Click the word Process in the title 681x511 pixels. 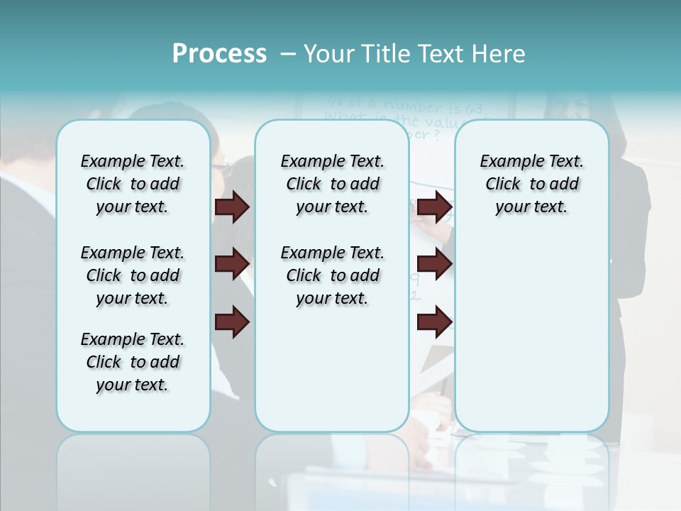click(219, 54)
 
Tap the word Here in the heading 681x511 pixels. click(497, 54)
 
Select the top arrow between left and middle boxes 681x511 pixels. click(232, 207)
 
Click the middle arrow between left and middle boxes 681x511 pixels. click(232, 264)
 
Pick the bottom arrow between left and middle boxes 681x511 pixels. click(232, 322)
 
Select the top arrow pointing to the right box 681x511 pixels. click(434, 207)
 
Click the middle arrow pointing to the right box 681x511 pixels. click(434, 264)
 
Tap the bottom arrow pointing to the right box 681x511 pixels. click(434, 322)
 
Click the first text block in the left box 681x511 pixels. click(133, 184)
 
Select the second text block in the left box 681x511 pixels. click(133, 275)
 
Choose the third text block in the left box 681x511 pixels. click(133, 362)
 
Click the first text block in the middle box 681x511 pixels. click(332, 184)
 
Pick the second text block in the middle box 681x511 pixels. click(332, 275)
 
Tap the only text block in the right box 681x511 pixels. click(532, 184)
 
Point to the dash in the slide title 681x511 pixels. click(288, 54)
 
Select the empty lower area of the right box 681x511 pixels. click(532, 334)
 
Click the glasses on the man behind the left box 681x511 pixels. click(221, 169)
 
